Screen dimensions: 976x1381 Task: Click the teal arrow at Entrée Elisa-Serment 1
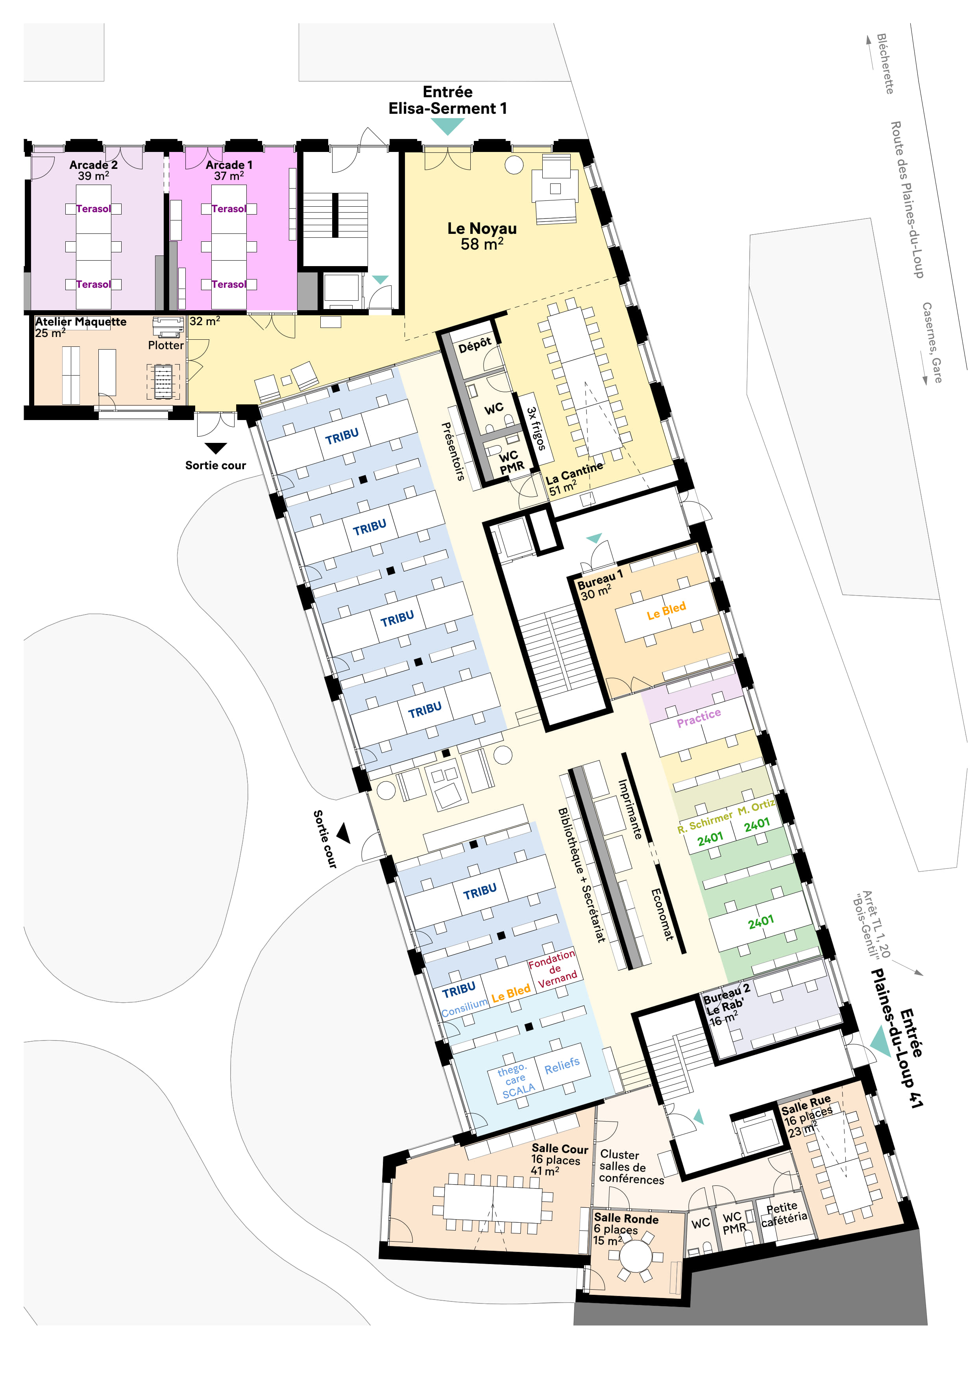point(447,125)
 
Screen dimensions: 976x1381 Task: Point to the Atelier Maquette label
point(81,322)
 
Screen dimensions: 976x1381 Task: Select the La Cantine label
point(574,472)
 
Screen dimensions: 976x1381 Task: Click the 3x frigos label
point(536,428)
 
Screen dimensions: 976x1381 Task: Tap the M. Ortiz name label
point(756,807)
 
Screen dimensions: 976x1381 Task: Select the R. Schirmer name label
point(705,822)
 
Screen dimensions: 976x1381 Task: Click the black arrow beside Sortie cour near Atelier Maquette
point(215,448)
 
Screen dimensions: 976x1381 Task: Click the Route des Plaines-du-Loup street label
point(906,200)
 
